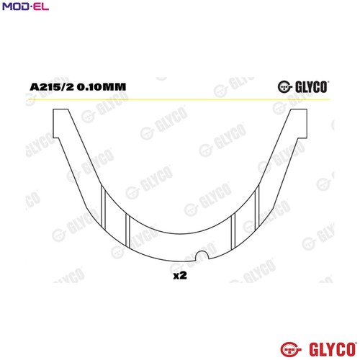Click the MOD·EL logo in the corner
(25, 6)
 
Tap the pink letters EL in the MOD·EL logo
(40, 6)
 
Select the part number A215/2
(52, 87)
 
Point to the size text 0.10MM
(102, 87)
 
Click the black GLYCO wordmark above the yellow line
(312, 87)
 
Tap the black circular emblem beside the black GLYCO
(284, 87)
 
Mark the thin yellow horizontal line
(179, 99)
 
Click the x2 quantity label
(180, 276)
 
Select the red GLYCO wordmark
(333, 349)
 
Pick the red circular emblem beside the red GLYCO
(291, 349)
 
